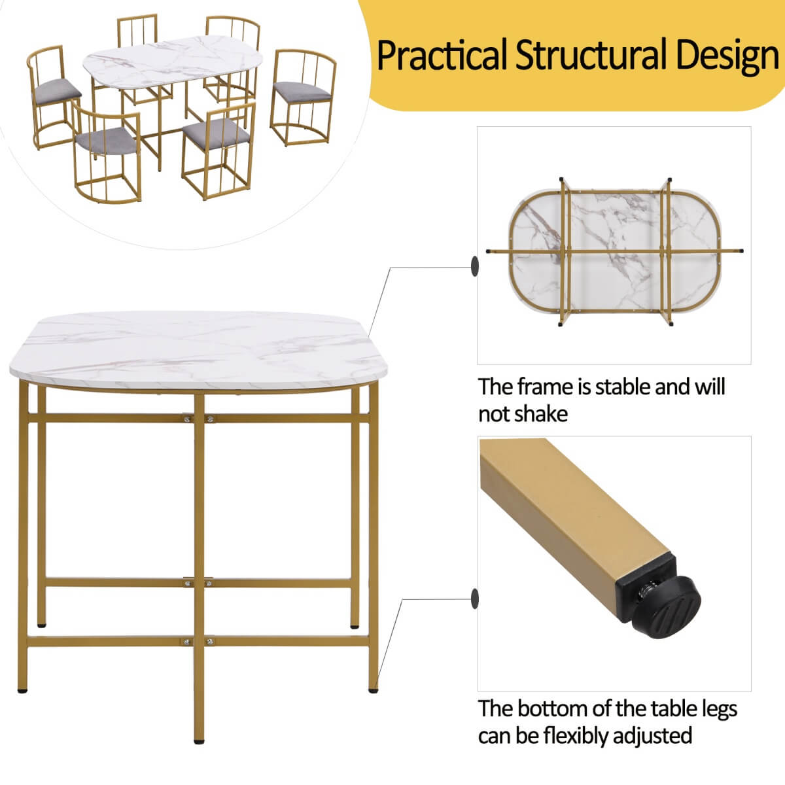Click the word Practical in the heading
[x=442, y=55]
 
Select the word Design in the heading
[x=727, y=56]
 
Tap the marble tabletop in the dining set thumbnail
[x=173, y=59]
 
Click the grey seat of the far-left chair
[x=59, y=86]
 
